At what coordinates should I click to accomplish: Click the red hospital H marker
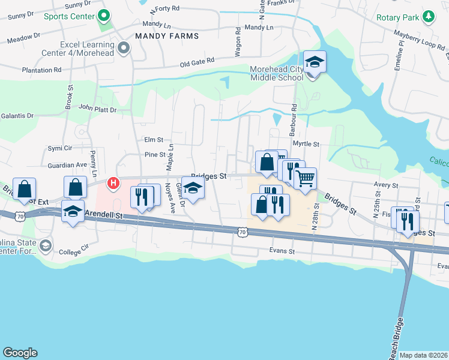coord(111,182)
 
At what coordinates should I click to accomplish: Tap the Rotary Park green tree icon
coord(429,16)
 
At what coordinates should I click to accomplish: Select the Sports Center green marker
coord(104,16)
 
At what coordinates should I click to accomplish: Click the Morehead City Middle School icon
coord(313,62)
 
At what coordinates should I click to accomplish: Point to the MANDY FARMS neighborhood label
coord(167,36)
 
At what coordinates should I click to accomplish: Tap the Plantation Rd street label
coord(41,70)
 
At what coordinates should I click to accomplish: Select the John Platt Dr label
coord(97,109)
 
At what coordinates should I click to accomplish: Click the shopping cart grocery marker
coord(305,178)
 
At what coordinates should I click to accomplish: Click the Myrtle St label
coord(306,144)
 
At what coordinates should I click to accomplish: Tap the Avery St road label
coord(386,186)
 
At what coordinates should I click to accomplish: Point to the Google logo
coord(20,353)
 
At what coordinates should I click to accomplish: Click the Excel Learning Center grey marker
coord(124,48)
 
